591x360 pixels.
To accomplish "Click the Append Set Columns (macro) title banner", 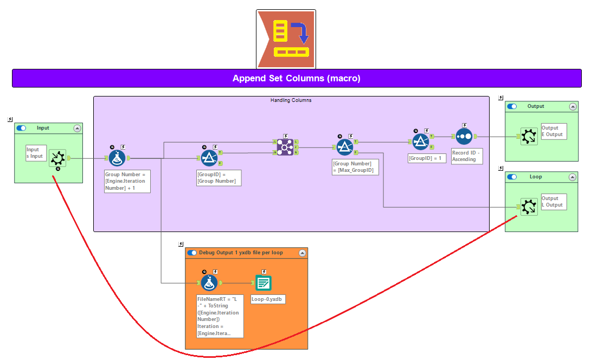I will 296,78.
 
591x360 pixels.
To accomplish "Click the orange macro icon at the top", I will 286,38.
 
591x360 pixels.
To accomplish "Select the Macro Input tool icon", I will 57,158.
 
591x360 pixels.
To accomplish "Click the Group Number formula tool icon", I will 117,158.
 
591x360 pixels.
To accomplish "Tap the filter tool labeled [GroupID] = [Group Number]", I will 209,158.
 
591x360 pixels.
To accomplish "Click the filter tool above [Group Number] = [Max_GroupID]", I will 345,147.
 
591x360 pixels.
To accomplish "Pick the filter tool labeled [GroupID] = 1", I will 421,142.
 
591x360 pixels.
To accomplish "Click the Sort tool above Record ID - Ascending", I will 464,136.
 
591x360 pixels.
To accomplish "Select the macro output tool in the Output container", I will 529,137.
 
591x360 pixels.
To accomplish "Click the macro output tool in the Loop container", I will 529,207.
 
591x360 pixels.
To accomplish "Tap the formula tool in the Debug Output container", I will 209,282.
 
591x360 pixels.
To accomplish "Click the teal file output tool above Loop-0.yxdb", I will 264,282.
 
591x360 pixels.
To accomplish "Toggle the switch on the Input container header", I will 21,128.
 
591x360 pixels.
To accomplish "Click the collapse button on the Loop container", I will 573,177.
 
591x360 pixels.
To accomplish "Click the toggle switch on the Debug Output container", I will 192,253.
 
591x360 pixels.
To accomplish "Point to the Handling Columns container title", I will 291,100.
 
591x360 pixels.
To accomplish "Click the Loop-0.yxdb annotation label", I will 268,299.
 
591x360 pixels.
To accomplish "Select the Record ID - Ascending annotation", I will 466,156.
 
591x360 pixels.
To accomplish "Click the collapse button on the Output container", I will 573,107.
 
